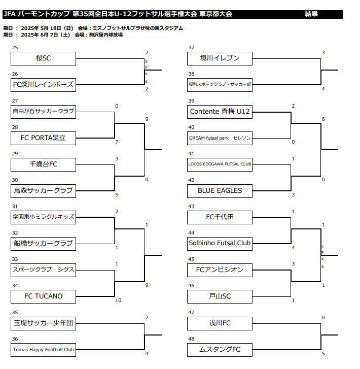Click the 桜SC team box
43,58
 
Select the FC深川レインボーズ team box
43,85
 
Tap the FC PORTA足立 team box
43,138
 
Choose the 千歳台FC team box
43,164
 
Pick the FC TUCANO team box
43,296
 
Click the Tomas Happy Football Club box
43,350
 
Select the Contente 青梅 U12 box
220,112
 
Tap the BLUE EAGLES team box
220,191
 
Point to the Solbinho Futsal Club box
220,244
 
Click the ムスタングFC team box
220,350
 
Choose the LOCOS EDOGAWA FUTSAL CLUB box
220,164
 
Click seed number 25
15,48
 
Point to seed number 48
191,339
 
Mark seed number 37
191,48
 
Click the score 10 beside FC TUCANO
118,300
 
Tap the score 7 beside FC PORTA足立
117,142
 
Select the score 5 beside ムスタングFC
323,353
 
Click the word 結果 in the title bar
311,14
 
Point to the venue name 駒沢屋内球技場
106,35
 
